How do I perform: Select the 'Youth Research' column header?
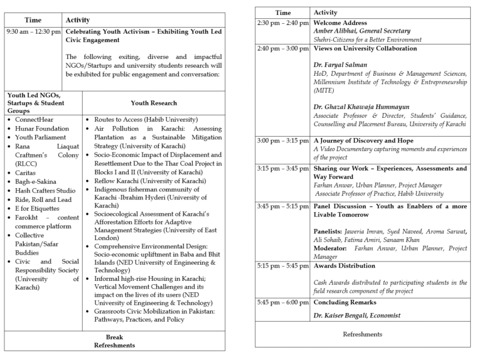154,103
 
